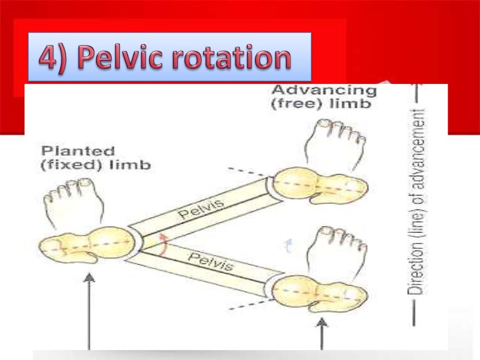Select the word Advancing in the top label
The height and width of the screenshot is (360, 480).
click(x=324, y=90)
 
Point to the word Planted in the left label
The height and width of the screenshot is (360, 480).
click(x=78, y=151)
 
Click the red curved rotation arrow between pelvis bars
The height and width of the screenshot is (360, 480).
click(x=162, y=244)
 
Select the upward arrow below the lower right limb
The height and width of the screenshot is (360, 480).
click(x=322, y=333)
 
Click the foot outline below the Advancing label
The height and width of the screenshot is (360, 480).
click(x=333, y=143)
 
